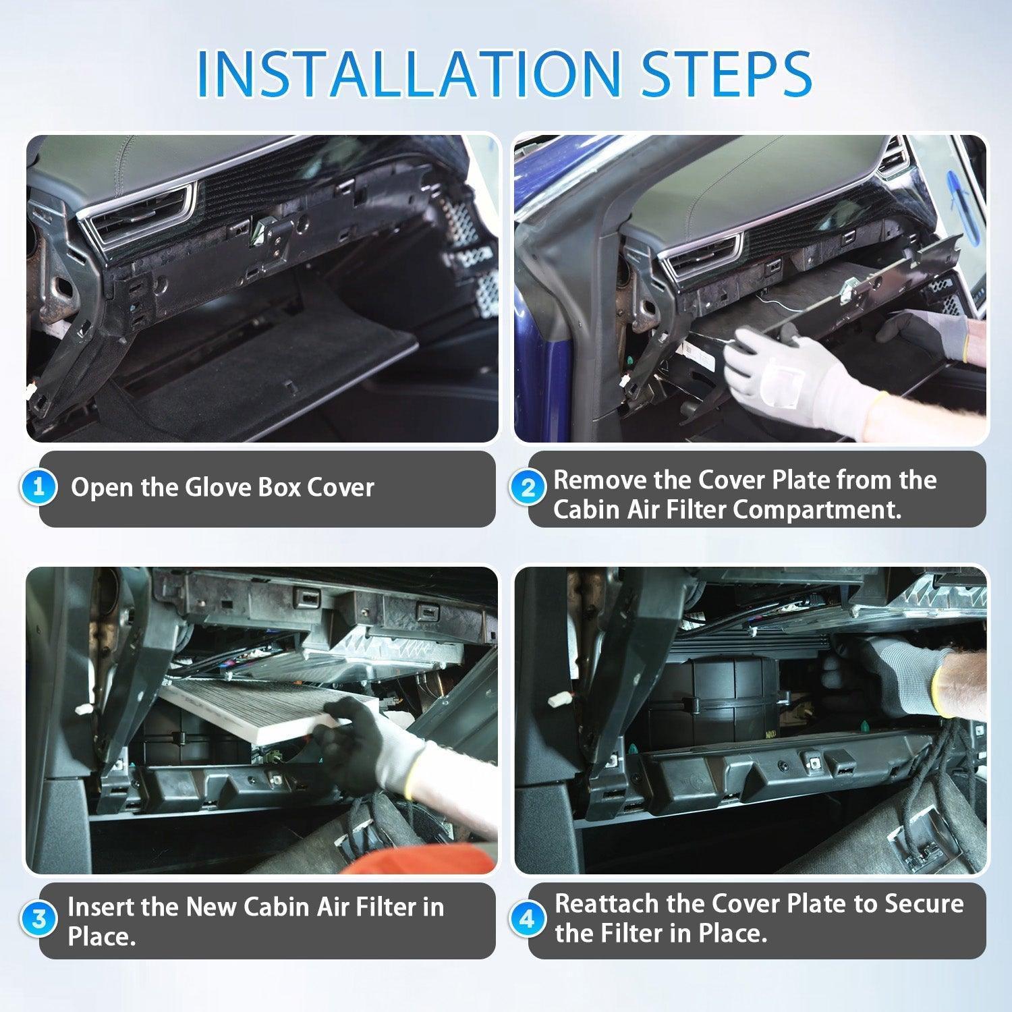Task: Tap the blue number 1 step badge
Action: [39, 487]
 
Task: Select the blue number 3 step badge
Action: [39, 919]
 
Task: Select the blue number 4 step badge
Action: [528, 919]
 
